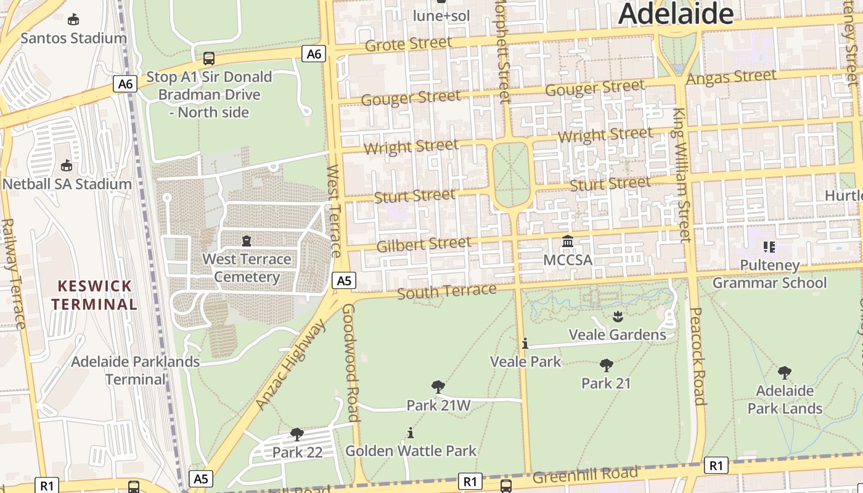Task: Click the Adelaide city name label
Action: tap(676, 14)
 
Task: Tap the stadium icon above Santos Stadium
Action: tap(73, 20)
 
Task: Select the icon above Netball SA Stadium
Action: tap(67, 165)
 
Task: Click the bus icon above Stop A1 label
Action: tap(209, 59)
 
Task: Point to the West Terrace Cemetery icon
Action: tap(247, 240)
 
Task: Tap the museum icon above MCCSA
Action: tap(568, 241)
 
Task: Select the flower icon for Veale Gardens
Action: tap(618, 317)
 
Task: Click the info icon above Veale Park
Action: tap(525, 343)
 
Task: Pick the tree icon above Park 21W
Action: tap(438, 387)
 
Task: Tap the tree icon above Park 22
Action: tap(297, 434)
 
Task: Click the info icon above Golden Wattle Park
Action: tap(411, 433)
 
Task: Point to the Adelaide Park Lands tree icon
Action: tap(784, 372)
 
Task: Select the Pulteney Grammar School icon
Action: tap(769, 247)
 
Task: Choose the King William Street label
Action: tap(682, 175)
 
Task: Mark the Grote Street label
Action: tap(408, 44)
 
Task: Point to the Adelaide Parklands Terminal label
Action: tap(135, 370)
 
